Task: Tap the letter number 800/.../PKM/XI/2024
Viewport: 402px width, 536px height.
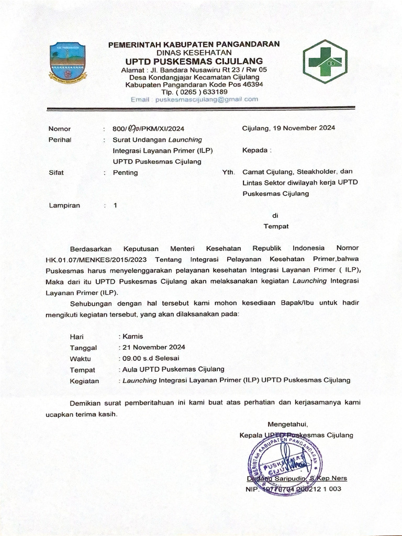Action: coord(148,129)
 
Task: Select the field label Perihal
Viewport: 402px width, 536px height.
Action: coord(60,140)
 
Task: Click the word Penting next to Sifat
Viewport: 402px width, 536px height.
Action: coord(126,172)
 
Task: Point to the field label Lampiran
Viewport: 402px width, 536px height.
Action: coord(64,205)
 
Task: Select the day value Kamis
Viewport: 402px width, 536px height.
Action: coord(132,337)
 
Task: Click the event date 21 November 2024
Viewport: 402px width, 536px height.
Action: coord(153,348)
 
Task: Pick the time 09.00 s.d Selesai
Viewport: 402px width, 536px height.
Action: coord(150,359)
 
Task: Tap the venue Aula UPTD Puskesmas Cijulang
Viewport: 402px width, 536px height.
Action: coord(173,370)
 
